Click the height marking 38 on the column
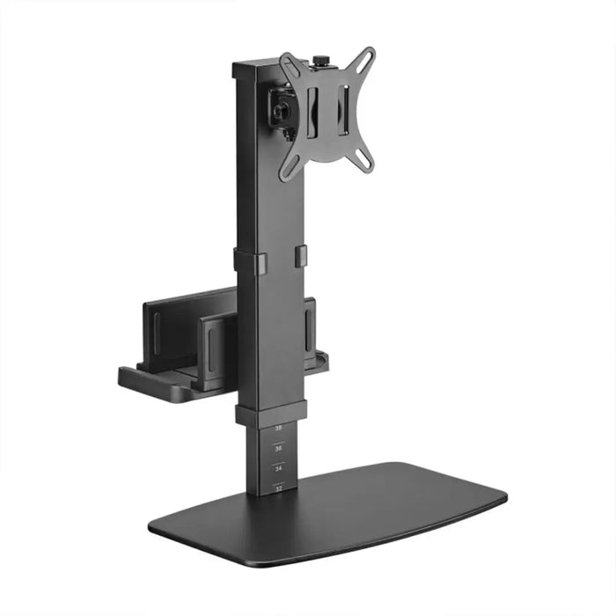tap(279, 429)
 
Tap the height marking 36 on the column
tap(279, 449)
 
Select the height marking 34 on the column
tap(279, 469)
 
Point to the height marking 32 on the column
tap(279, 488)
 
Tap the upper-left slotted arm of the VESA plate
tap(291, 68)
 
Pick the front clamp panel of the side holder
tap(212, 348)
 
